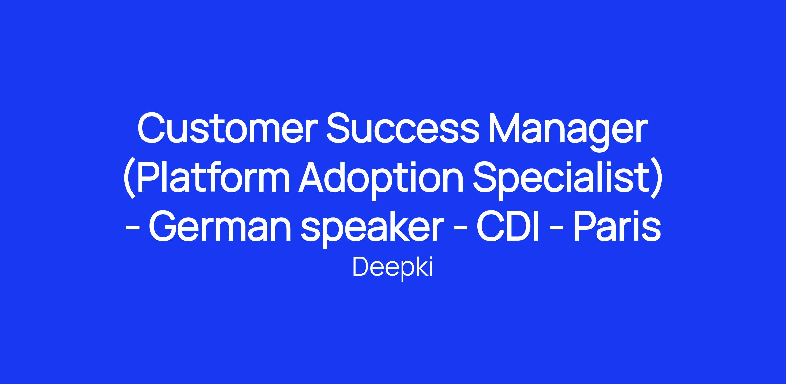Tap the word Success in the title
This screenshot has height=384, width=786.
click(x=403, y=128)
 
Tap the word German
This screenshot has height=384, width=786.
click(x=220, y=227)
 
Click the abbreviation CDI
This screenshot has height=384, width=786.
click(x=508, y=227)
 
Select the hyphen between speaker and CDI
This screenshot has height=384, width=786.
click(x=460, y=229)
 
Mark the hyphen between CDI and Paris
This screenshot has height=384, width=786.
click(x=556, y=229)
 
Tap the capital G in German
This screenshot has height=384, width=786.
click(x=163, y=227)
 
